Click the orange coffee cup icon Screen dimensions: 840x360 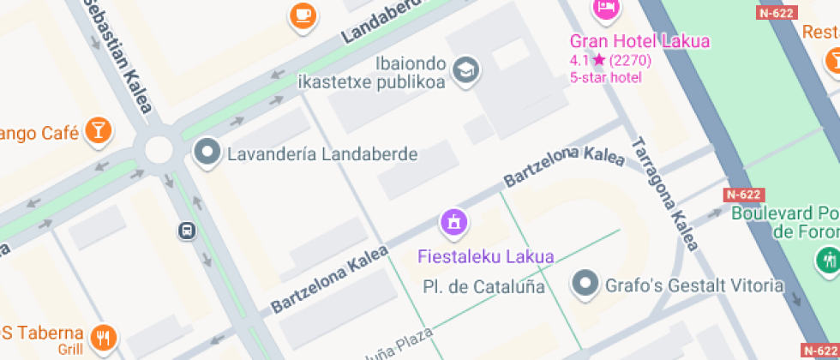pos(303,15)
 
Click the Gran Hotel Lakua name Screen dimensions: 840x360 pos(640,41)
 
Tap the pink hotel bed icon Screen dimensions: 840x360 pos(606,8)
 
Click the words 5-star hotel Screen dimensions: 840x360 pos(605,77)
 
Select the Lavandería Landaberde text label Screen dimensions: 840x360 pos(321,154)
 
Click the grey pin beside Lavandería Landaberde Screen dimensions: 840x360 pos(207,153)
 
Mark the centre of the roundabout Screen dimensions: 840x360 pos(159,149)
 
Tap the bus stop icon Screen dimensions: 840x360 pos(186,231)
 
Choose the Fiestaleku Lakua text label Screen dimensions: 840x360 pos(485,256)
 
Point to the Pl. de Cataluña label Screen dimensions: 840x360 pos(484,286)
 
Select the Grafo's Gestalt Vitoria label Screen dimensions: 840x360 pos(694,285)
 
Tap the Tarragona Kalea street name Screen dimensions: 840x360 pos(664,194)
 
